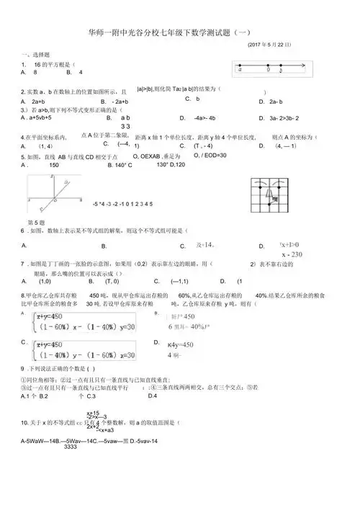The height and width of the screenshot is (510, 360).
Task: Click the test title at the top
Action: tap(179, 32)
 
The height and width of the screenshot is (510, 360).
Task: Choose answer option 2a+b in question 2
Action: tap(34, 102)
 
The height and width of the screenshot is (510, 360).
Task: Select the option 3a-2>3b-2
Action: tap(279, 117)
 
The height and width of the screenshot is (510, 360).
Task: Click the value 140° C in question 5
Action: tap(120, 165)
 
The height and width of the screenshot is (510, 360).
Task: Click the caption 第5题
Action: tap(36, 223)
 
